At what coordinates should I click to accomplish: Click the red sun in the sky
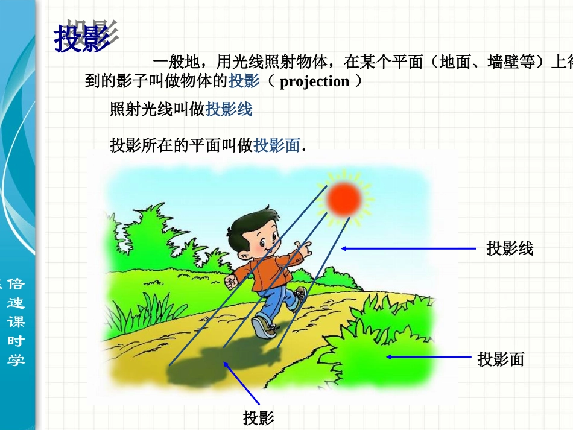click(344, 198)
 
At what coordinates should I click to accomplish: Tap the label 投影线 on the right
click(510, 248)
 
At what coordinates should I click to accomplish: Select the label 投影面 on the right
click(501, 359)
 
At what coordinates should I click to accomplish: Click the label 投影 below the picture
click(259, 418)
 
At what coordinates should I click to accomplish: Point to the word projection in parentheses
click(314, 81)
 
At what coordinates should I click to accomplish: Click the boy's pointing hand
click(305, 248)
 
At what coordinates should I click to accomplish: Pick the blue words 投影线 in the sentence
click(229, 110)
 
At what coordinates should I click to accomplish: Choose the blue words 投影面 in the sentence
click(277, 145)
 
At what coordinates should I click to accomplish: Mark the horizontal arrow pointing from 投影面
click(428, 357)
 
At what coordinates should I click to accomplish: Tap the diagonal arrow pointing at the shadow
click(241, 382)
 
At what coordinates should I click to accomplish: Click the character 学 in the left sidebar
click(16, 360)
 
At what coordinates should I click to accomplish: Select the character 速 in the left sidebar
click(16, 303)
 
